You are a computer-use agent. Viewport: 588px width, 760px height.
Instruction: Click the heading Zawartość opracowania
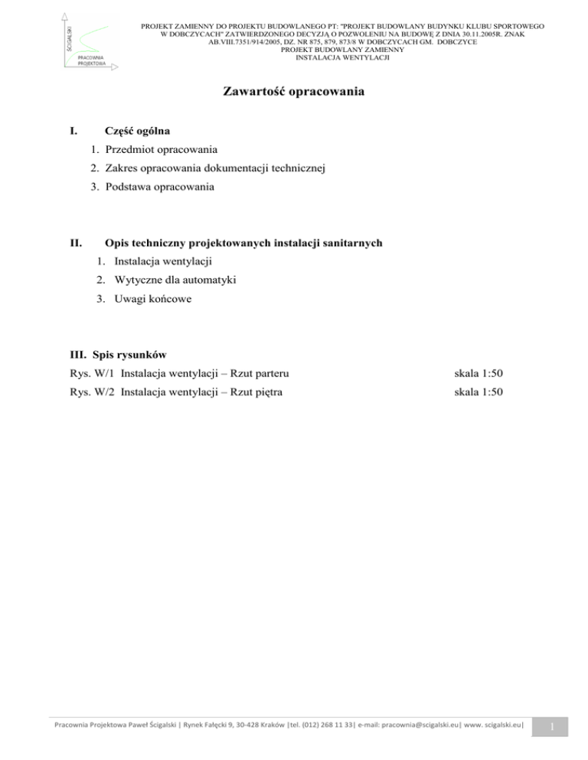click(x=293, y=93)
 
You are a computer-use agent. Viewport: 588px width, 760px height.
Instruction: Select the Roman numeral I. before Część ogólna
click(x=73, y=132)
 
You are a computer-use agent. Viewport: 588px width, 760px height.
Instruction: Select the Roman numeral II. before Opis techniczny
click(x=76, y=243)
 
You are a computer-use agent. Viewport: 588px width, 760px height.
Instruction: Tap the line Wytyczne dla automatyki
click(x=167, y=281)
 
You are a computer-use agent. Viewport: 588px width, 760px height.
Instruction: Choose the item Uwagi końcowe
click(x=143, y=299)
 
